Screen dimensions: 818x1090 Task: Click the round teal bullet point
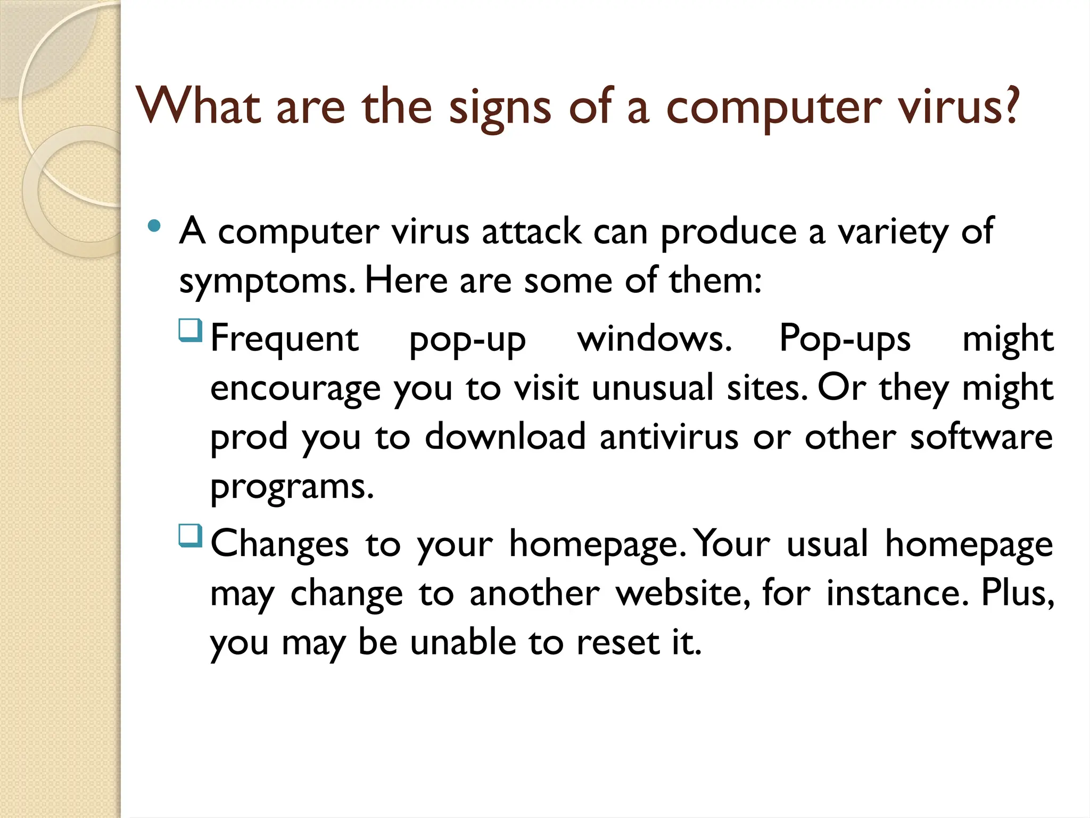coord(154,226)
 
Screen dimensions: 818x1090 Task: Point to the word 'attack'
coord(531,231)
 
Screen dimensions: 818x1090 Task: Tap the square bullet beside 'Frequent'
coord(191,330)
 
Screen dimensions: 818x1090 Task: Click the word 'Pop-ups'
coord(845,339)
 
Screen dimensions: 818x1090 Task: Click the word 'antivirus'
coord(669,437)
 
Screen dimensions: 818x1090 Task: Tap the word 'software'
coord(981,437)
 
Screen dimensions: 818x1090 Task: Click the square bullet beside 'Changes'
coord(191,536)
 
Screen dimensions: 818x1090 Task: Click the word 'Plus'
coord(1017,592)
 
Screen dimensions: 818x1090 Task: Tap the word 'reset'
coord(618,642)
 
